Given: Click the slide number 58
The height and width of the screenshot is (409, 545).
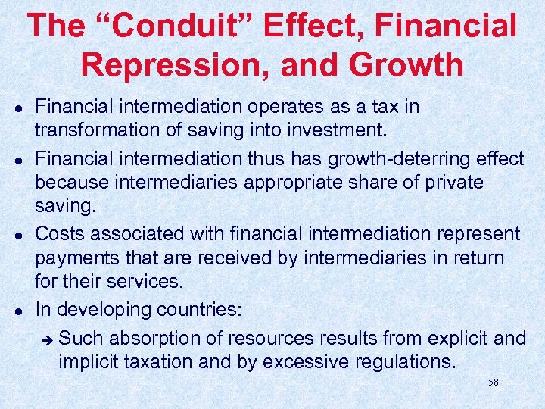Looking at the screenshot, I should click(494, 382).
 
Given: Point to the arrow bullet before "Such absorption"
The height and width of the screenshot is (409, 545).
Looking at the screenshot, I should click(46, 339).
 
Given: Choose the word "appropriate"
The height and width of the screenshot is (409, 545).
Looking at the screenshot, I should click(282, 183).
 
